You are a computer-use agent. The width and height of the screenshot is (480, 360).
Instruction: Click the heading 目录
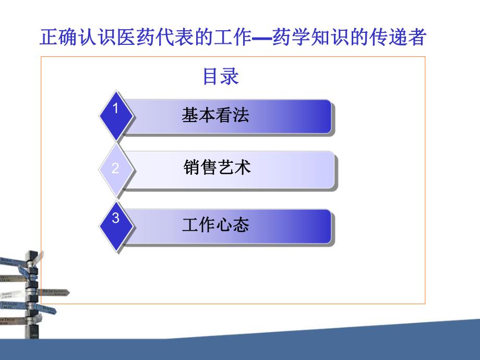(220, 77)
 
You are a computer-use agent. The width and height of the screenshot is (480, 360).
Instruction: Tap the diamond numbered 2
(116, 169)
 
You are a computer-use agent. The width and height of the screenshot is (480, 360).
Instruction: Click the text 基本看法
(215, 115)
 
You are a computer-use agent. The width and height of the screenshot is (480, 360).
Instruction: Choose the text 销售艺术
(217, 167)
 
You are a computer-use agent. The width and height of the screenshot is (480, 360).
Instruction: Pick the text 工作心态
(215, 225)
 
